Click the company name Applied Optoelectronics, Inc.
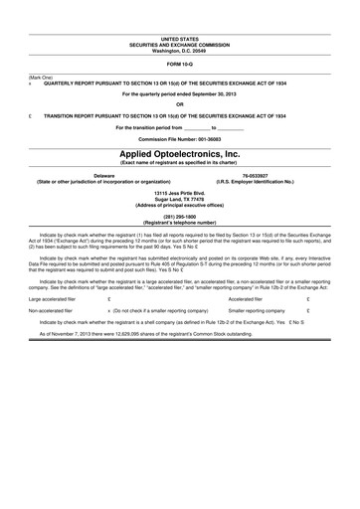(180, 155)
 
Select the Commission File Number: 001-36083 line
(180, 138)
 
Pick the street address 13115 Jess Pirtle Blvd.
(180, 192)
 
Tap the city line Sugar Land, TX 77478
(180, 198)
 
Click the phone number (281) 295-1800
(180, 216)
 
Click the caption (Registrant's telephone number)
(180, 222)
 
